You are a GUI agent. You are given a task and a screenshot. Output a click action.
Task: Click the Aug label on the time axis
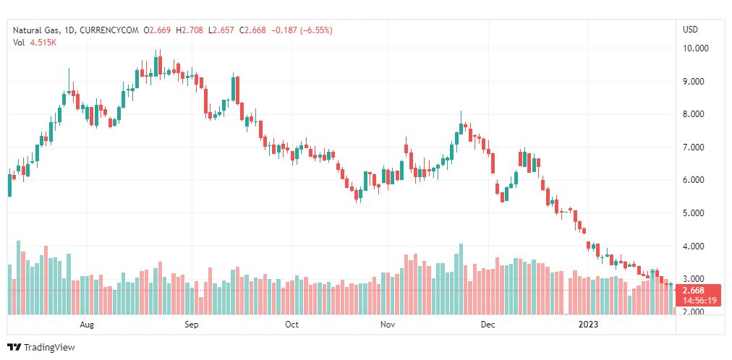(88, 325)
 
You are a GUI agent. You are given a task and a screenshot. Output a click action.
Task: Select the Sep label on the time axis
(191, 325)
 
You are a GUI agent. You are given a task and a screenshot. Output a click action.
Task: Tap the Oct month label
(291, 325)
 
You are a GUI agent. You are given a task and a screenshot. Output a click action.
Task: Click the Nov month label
(388, 325)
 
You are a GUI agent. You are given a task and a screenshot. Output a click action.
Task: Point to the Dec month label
(488, 325)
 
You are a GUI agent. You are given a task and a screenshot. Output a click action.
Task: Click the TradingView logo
(41, 348)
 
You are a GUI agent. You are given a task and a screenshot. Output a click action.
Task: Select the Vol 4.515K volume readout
(35, 43)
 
